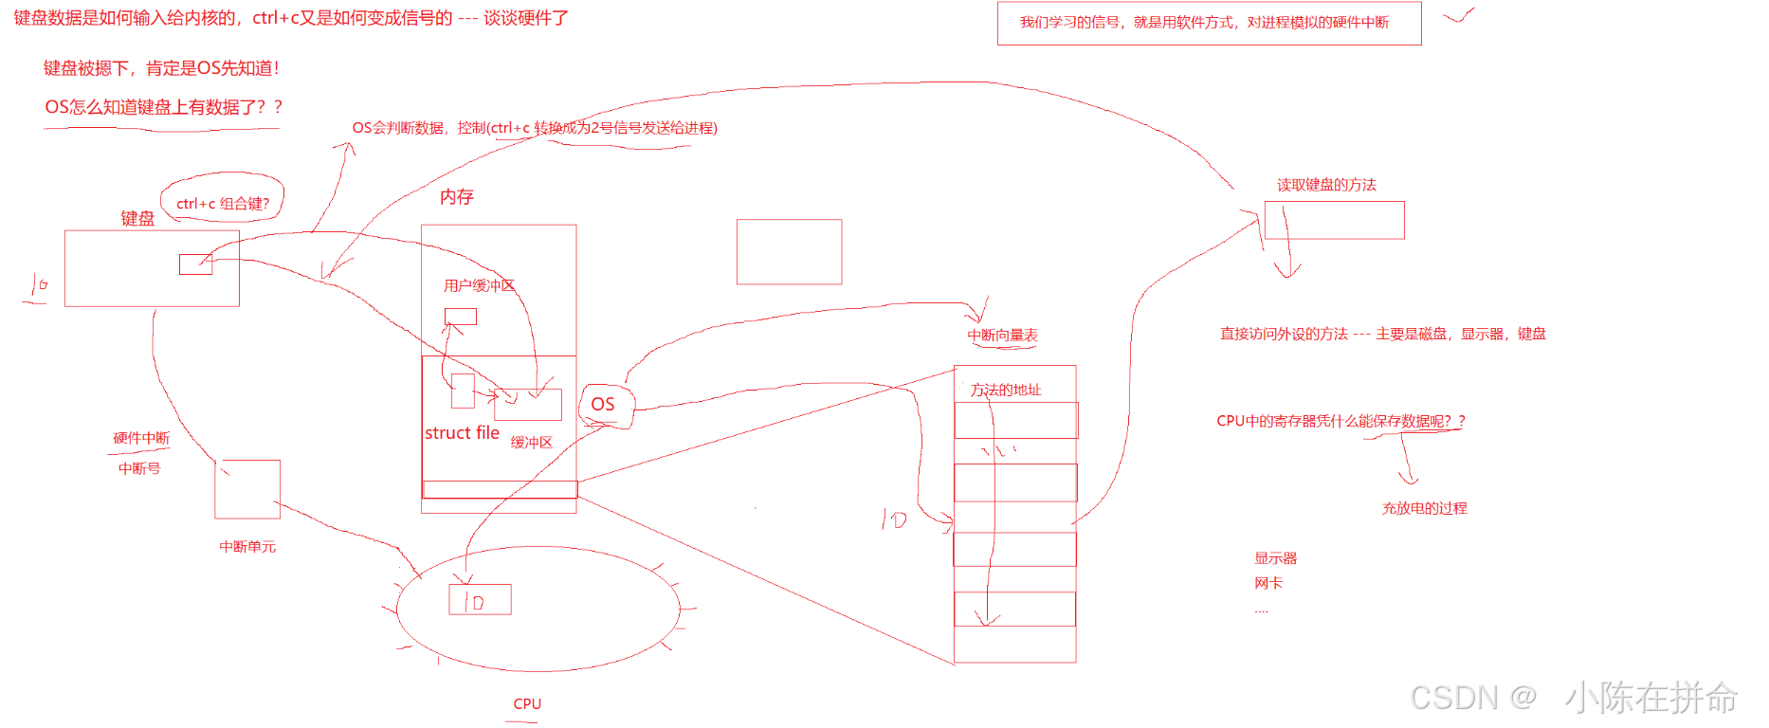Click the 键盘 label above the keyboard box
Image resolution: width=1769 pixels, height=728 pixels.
[137, 218]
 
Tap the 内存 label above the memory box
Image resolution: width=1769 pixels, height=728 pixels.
[456, 196]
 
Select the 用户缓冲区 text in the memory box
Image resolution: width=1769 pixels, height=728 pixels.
[479, 285]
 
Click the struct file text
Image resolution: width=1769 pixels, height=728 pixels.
[462, 432]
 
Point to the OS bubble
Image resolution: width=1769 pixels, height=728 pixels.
[604, 405]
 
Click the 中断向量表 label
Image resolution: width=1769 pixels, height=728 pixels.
[1002, 335]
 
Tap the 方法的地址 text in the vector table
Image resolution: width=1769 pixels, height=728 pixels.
[1006, 390]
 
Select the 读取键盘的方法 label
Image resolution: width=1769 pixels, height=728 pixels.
[1326, 185]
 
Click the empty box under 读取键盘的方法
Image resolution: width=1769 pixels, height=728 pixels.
[1334, 220]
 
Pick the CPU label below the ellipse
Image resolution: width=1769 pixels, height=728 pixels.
[527, 703]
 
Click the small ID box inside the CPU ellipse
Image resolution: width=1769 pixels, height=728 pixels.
[480, 599]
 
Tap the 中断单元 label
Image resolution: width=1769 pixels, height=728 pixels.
[247, 546]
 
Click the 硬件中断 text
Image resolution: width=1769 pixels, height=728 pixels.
[141, 437]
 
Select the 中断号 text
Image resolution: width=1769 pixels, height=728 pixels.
[139, 468]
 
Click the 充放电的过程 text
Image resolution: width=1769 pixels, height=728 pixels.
[1424, 508]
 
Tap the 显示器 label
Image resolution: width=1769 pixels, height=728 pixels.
[1275, 558]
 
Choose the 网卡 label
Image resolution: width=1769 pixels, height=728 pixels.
[1267, 583]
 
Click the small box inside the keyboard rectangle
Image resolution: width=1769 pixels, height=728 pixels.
[195, 264]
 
